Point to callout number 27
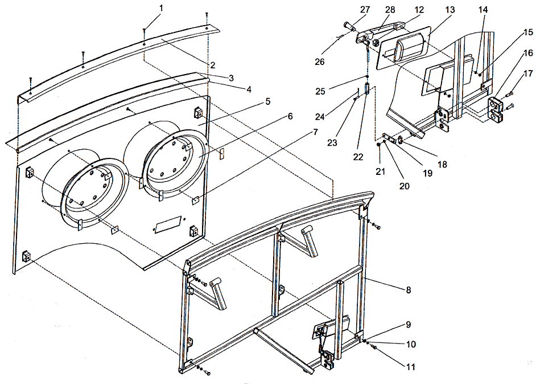pos(365,9)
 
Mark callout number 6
pos(290,116)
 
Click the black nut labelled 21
pos(379,145)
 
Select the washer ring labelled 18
pos(401,140)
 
